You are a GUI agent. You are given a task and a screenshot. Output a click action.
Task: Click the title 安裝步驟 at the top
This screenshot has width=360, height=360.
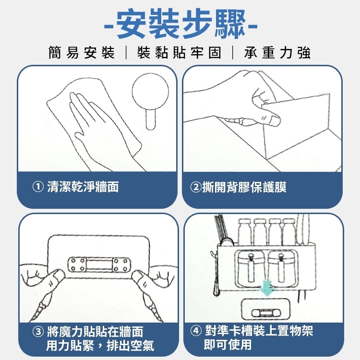click(180, 24)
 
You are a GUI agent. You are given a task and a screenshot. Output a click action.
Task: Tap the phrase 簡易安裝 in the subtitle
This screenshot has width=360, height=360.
click(81, 53)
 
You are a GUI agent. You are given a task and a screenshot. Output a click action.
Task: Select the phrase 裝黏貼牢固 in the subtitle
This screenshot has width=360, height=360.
click(180, 53)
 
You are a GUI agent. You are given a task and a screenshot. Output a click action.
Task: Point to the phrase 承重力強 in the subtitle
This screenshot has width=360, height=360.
click(277, 53)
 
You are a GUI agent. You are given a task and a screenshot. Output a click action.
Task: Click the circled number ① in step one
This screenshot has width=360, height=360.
click(38, 187)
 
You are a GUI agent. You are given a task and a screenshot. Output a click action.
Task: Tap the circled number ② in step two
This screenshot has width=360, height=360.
click(196, 187)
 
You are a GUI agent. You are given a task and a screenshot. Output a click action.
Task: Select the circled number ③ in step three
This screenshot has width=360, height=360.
click(38, 332)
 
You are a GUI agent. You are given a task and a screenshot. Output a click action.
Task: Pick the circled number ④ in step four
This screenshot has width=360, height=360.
click(196, 331)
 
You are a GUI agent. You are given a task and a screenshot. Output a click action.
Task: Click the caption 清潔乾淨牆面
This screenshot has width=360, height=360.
click(83, 187)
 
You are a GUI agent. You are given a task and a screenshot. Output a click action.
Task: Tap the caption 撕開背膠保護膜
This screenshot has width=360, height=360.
click(244, 187)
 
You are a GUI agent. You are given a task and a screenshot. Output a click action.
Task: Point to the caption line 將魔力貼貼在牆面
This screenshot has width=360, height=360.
click(95, 332)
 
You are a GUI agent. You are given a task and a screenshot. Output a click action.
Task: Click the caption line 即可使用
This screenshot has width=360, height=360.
click(228, 344)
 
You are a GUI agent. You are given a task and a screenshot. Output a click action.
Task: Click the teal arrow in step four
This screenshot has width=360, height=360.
click(266, 288)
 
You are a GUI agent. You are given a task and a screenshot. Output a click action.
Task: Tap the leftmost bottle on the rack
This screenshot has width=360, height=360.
click(244, 232)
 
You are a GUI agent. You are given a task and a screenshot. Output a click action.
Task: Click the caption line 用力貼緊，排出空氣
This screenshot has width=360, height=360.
click(100, 346)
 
